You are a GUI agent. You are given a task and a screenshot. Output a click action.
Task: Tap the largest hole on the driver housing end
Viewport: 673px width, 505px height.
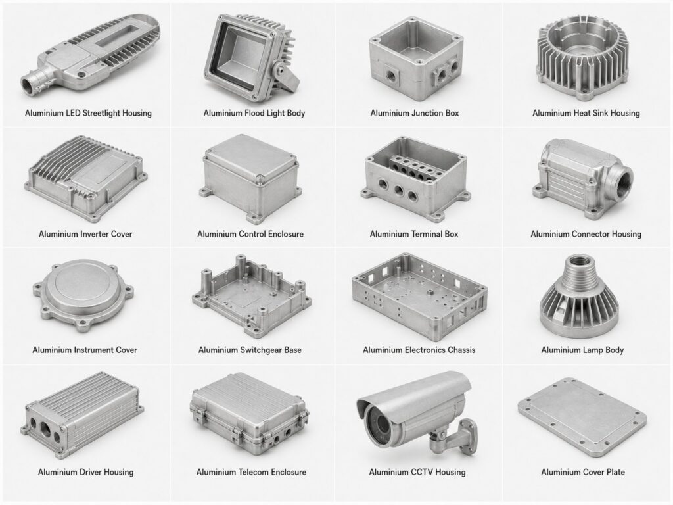click(45, 429)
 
